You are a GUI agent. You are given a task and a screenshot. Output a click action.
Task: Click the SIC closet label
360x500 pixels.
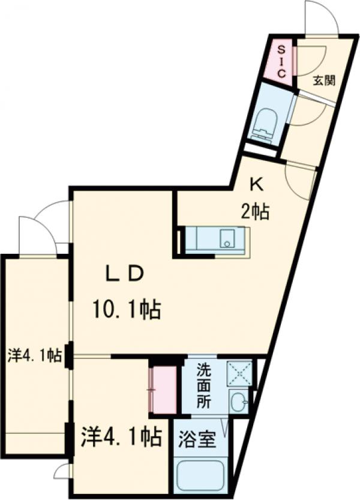pyautogui.click(x=281, y=62)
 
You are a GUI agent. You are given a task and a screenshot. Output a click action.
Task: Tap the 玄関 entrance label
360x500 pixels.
pyautogui.click(x=324, y=81)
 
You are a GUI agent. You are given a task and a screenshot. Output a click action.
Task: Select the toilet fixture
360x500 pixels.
pyautogui.click(x=265, y=124)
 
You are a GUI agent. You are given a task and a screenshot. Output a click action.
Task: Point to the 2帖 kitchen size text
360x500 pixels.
pyautogui.click(x=255, y=212)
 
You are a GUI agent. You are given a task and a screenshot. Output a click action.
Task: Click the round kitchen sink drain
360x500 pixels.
pyautogui.click(x=227, y=244)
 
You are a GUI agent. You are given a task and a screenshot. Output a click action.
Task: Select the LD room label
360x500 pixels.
pyautogui.click(x=124, y=274)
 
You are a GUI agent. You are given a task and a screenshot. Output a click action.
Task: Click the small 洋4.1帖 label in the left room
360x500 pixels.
pyautogui.click(x=34, y=356)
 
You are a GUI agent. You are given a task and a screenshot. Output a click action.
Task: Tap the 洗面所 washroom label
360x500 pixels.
pyautogui.click(x=203, y=386)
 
